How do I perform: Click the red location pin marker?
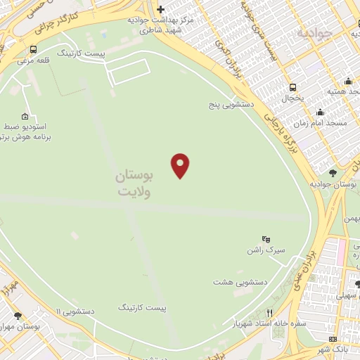pyautogui.click(x=181, y=165)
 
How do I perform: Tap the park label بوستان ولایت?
pyautogui.click(x=139, y=181)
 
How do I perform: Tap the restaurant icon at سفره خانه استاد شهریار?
pyautogui.click(x=269, y=313)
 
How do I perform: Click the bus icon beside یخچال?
pyautogui.click(x=292, y=87)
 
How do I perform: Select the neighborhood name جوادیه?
pyautogui.click(x=314, y=32)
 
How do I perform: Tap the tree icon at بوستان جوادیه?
pyautogui.click(x=333, y=172)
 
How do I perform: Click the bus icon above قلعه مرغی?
pyautogui.click(x=34, y=49)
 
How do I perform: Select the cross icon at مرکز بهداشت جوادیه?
pyautogui.click(x=161, y=9)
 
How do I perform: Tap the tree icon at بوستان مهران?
pyautogui.click(x=18, y=316)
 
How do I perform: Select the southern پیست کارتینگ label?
pyautogui.click(x=143, y=308)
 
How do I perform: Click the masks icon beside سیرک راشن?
pyautogui.click(x=266, y=239)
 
